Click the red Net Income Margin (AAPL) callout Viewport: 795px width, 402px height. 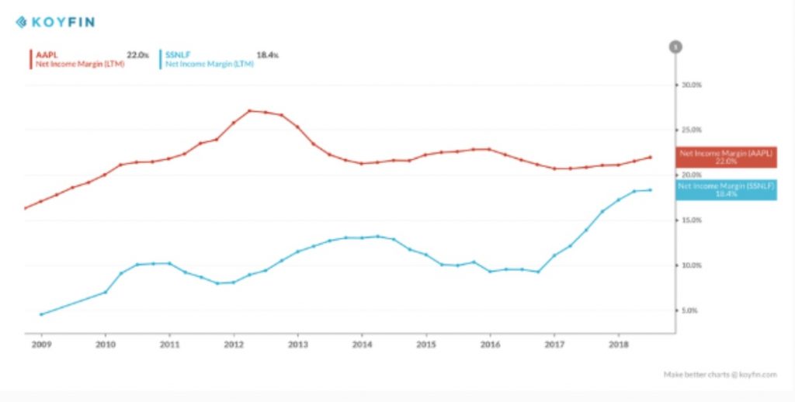point(726,158)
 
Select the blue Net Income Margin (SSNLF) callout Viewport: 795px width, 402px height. point(726,190)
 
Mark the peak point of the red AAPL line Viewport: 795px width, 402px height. point(250,111)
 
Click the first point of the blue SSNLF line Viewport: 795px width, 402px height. point(40,314)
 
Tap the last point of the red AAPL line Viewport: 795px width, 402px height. point(651,158)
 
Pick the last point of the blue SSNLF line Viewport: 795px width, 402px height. point(651,190)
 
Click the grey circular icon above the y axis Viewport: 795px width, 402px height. point(675,47)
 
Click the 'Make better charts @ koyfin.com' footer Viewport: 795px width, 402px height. point(720,374)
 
